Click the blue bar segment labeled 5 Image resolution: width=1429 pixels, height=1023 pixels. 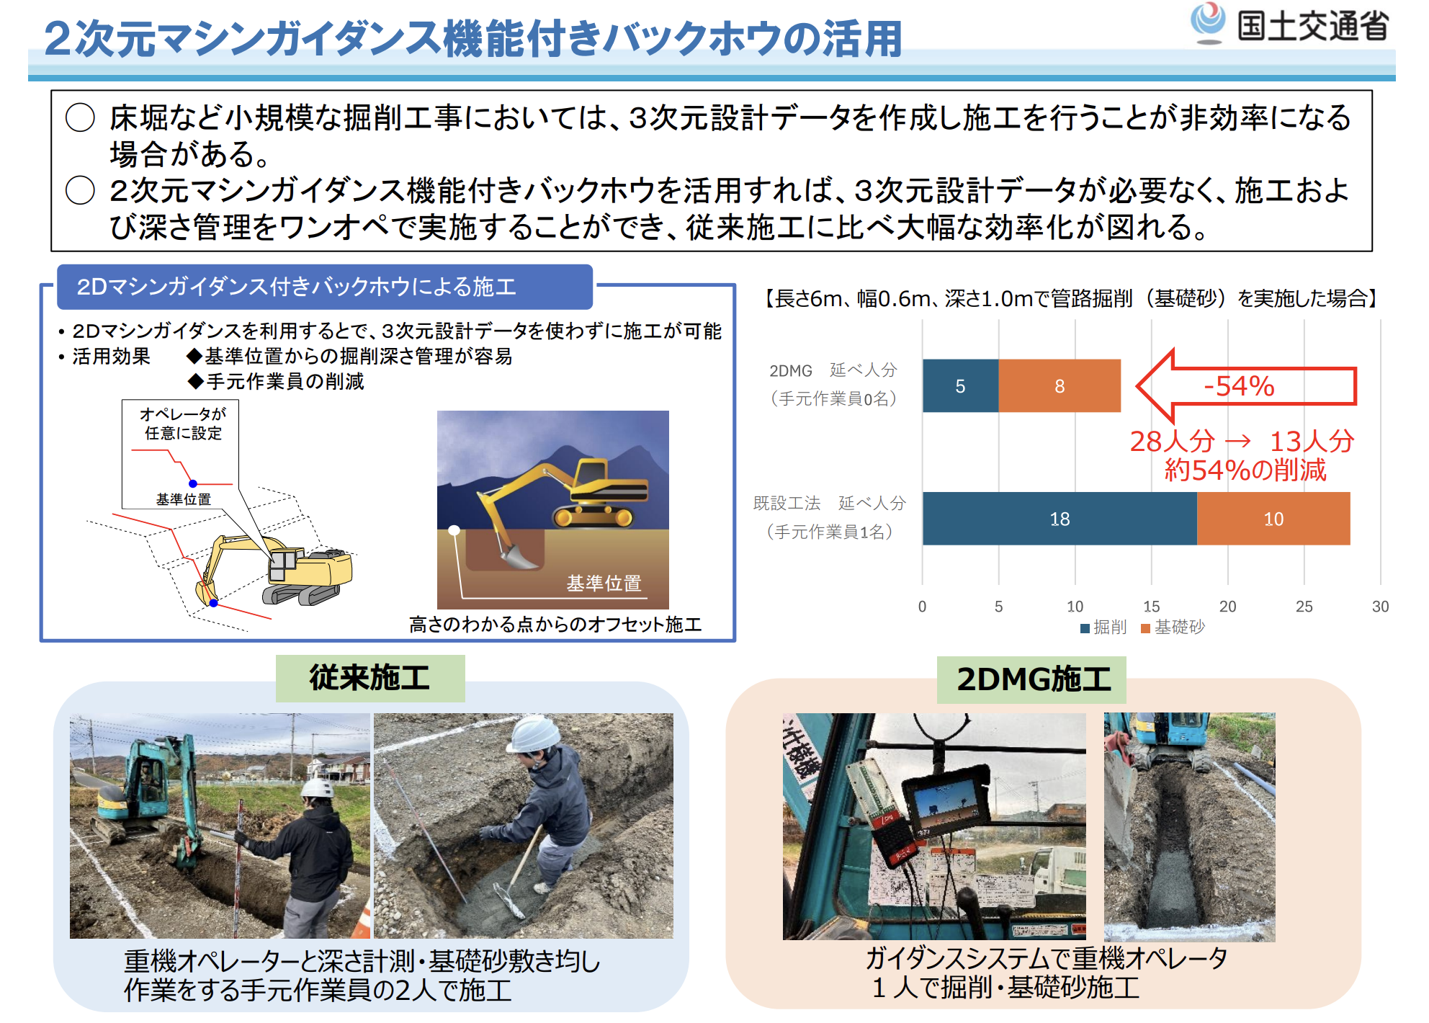coord(960,385)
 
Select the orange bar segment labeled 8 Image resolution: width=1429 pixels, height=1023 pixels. coord(1060,385)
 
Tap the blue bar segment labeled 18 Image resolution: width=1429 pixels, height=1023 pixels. coord(1060,519)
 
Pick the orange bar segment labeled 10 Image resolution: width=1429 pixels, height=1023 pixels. coord(1273,519)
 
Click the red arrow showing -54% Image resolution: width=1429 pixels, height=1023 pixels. coord(1246,386)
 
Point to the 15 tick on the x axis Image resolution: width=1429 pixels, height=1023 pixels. coord(1151,607)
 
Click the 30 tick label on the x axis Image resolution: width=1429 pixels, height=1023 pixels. coord(1380,607)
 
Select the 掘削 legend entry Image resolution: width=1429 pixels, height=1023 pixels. coord(1103,627)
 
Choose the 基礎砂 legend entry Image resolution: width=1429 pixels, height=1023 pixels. coord(1173,627)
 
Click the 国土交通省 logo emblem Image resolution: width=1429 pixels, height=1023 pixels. coord(1208,22)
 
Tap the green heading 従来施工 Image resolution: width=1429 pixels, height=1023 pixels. coord(370,678)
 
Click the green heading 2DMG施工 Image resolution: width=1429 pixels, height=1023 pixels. coord(1032,679)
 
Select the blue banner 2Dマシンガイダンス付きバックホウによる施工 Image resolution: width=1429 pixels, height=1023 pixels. coord(325,287)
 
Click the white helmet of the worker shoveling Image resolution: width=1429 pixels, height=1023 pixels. coord(535,733)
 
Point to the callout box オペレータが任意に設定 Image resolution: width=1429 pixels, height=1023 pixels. coord(181,455)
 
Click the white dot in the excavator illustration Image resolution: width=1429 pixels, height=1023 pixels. coord(454,530)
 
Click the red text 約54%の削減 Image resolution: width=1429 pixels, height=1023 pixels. coord(1245,470)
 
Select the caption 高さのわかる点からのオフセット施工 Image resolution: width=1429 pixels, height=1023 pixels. coord(555,625)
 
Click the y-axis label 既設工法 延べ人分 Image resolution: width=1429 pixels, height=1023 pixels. coord(830,503)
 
